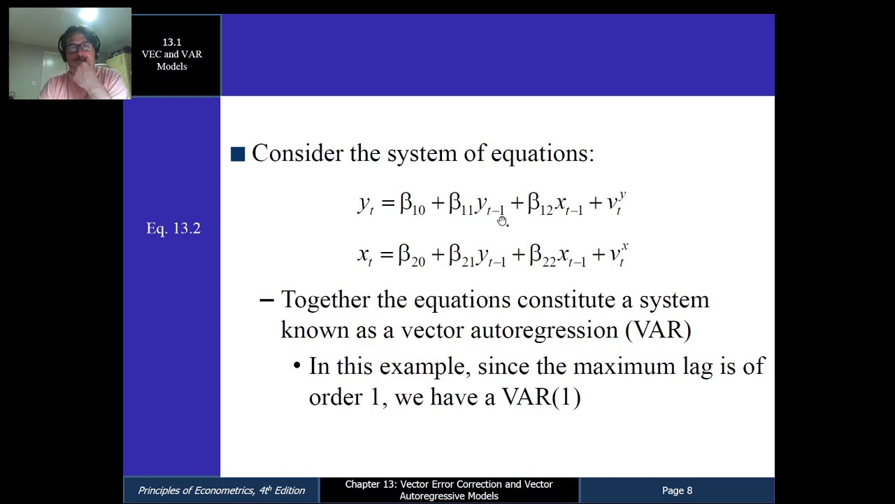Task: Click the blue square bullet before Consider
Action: point(238,154)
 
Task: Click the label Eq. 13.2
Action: point(173,228)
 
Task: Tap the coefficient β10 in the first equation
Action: point(413,204)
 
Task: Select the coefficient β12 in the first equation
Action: point(540,204)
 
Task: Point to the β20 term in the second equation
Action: point(412,255)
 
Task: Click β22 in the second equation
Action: point(543,255)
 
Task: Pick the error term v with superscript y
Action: point(616,203)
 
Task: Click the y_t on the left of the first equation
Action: point(366,204)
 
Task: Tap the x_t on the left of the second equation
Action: point(365,255)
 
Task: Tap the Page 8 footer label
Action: point(677,491)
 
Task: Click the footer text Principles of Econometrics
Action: point(221,491)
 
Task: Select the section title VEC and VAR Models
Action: point(171,60)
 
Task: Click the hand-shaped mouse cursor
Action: point(502,221)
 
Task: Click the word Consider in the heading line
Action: point(297,153)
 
